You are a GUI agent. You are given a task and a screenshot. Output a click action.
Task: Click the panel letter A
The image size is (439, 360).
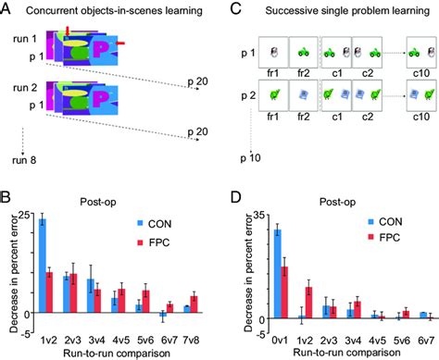click(6, 7)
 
